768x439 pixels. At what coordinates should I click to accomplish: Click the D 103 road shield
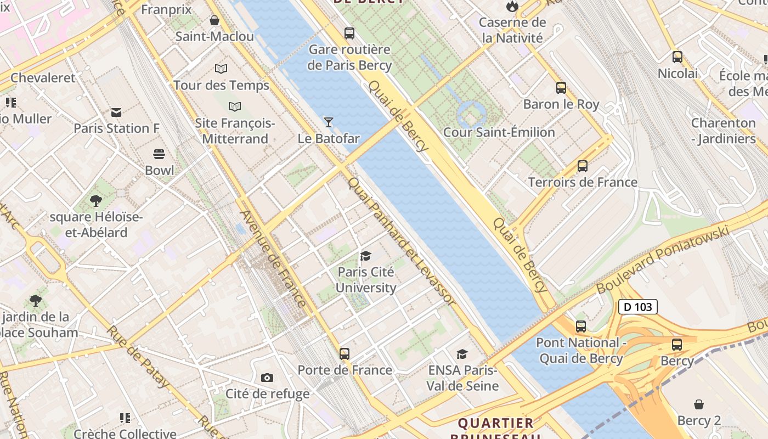point(637,307)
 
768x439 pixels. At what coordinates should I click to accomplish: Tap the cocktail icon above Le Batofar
point(328,122)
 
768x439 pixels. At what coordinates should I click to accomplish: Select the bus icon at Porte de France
point(345,354)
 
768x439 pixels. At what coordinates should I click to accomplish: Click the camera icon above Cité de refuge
point(267,378)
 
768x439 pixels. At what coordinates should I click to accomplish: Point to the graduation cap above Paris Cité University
point(365,256)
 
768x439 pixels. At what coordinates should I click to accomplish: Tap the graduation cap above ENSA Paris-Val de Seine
point(462,354)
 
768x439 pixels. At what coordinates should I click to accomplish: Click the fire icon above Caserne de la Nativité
point(512,6)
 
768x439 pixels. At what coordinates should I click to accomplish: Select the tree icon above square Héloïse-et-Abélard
point(96,201)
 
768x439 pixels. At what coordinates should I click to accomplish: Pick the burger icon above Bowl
point(159,154)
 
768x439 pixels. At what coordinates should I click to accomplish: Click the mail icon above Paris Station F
point(116,112)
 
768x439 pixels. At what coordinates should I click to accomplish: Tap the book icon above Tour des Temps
point(221,69)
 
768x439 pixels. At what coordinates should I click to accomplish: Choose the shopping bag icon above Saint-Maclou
point(214,20)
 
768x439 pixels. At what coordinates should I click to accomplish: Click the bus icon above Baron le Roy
point(561,88)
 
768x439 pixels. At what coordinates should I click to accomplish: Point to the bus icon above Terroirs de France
point(583,166)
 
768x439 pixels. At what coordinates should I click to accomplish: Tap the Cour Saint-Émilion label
point(499,132)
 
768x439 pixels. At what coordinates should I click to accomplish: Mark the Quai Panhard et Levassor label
point(402,241)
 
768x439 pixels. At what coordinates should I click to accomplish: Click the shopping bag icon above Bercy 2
point(699,404)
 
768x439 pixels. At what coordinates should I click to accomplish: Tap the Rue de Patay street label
point(137,357)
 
